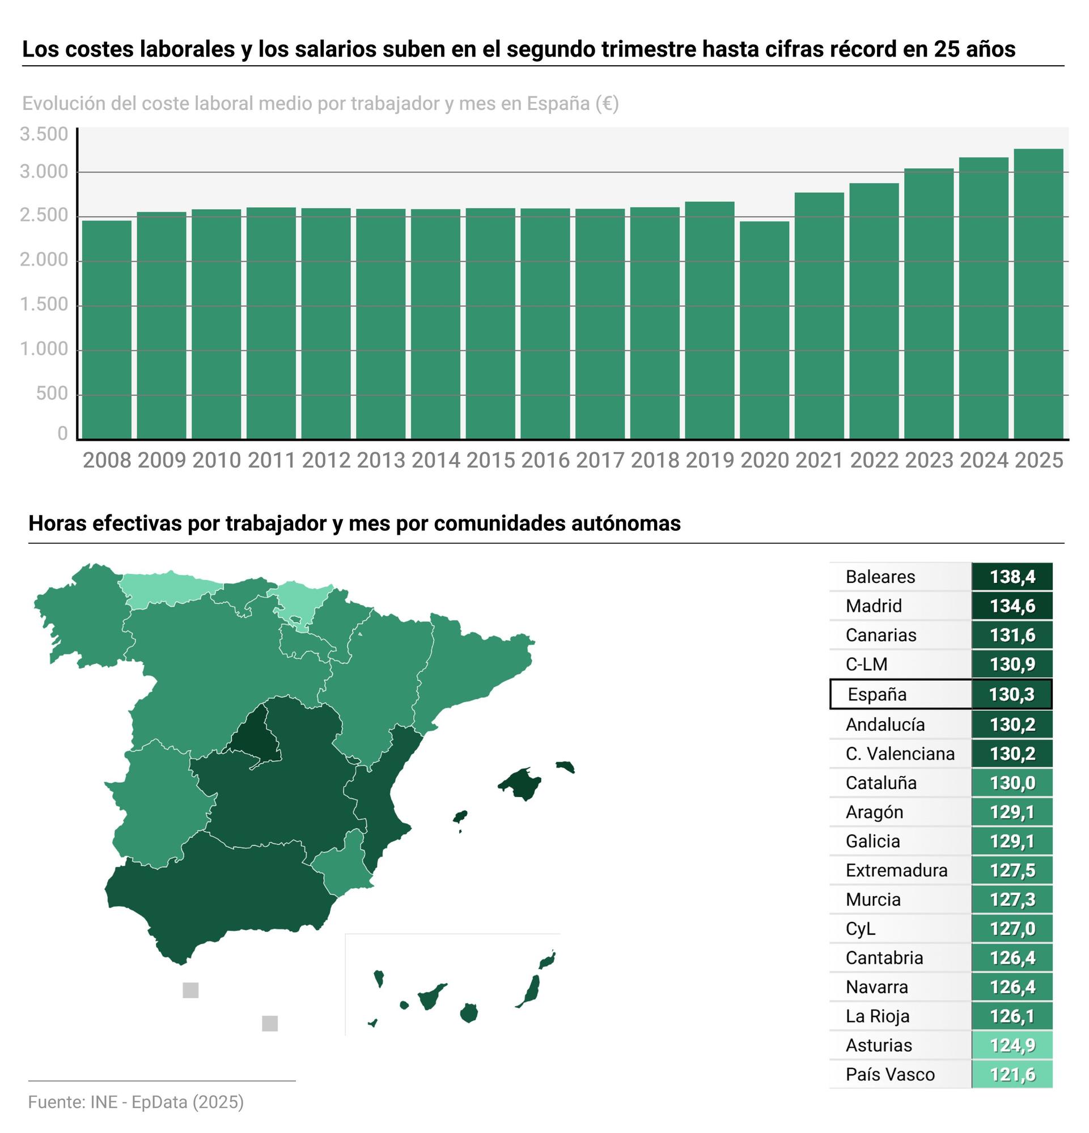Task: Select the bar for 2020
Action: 764,330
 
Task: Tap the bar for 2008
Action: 107,330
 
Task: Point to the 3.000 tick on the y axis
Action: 44,172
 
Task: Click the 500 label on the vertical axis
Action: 52,394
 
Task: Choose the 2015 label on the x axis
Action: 490,461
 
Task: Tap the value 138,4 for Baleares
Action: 1012,577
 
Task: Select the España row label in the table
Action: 877,695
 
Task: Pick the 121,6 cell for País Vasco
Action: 1012,1075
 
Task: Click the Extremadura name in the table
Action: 896,870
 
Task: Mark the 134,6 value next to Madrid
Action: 1012,606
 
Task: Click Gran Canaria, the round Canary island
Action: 468,1013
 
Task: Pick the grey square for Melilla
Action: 269,1023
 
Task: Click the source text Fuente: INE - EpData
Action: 135,1102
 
